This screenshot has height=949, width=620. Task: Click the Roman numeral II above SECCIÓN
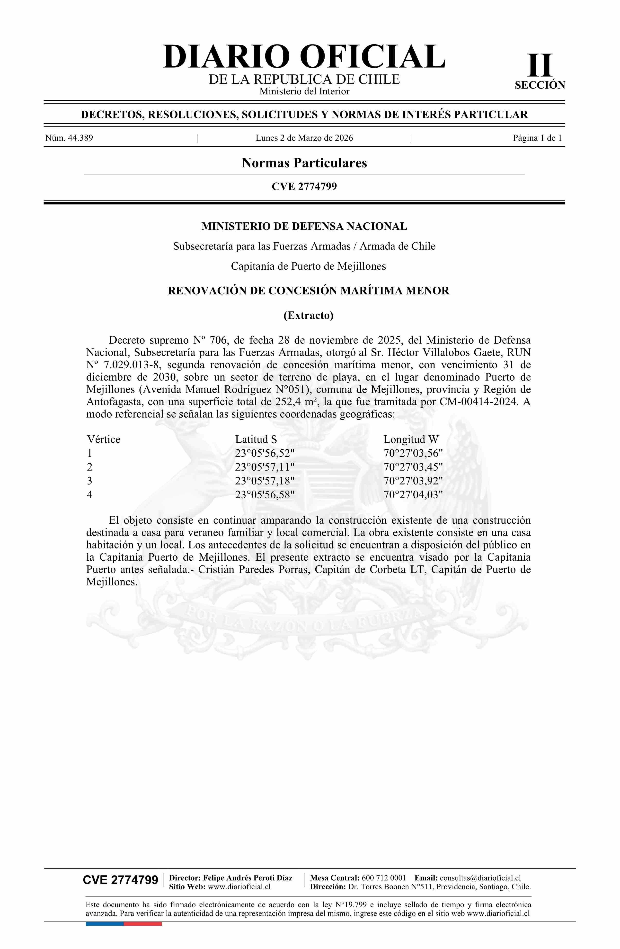(540, 66)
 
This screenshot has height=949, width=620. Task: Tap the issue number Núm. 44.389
(69, 138)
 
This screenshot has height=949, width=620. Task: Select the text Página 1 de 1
(537, 138)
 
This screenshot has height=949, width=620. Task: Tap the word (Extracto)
(308, 315)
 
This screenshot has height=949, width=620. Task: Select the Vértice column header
(104, 439)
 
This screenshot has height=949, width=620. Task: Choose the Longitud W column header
(411, 439)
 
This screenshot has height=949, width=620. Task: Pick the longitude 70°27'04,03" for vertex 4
(413, 495)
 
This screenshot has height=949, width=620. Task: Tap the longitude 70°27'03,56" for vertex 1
(413, 453)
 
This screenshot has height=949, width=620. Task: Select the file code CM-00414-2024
(479, 402)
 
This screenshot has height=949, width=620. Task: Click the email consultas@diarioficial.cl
(480, 878)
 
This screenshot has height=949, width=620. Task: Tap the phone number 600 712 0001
(383, 878)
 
